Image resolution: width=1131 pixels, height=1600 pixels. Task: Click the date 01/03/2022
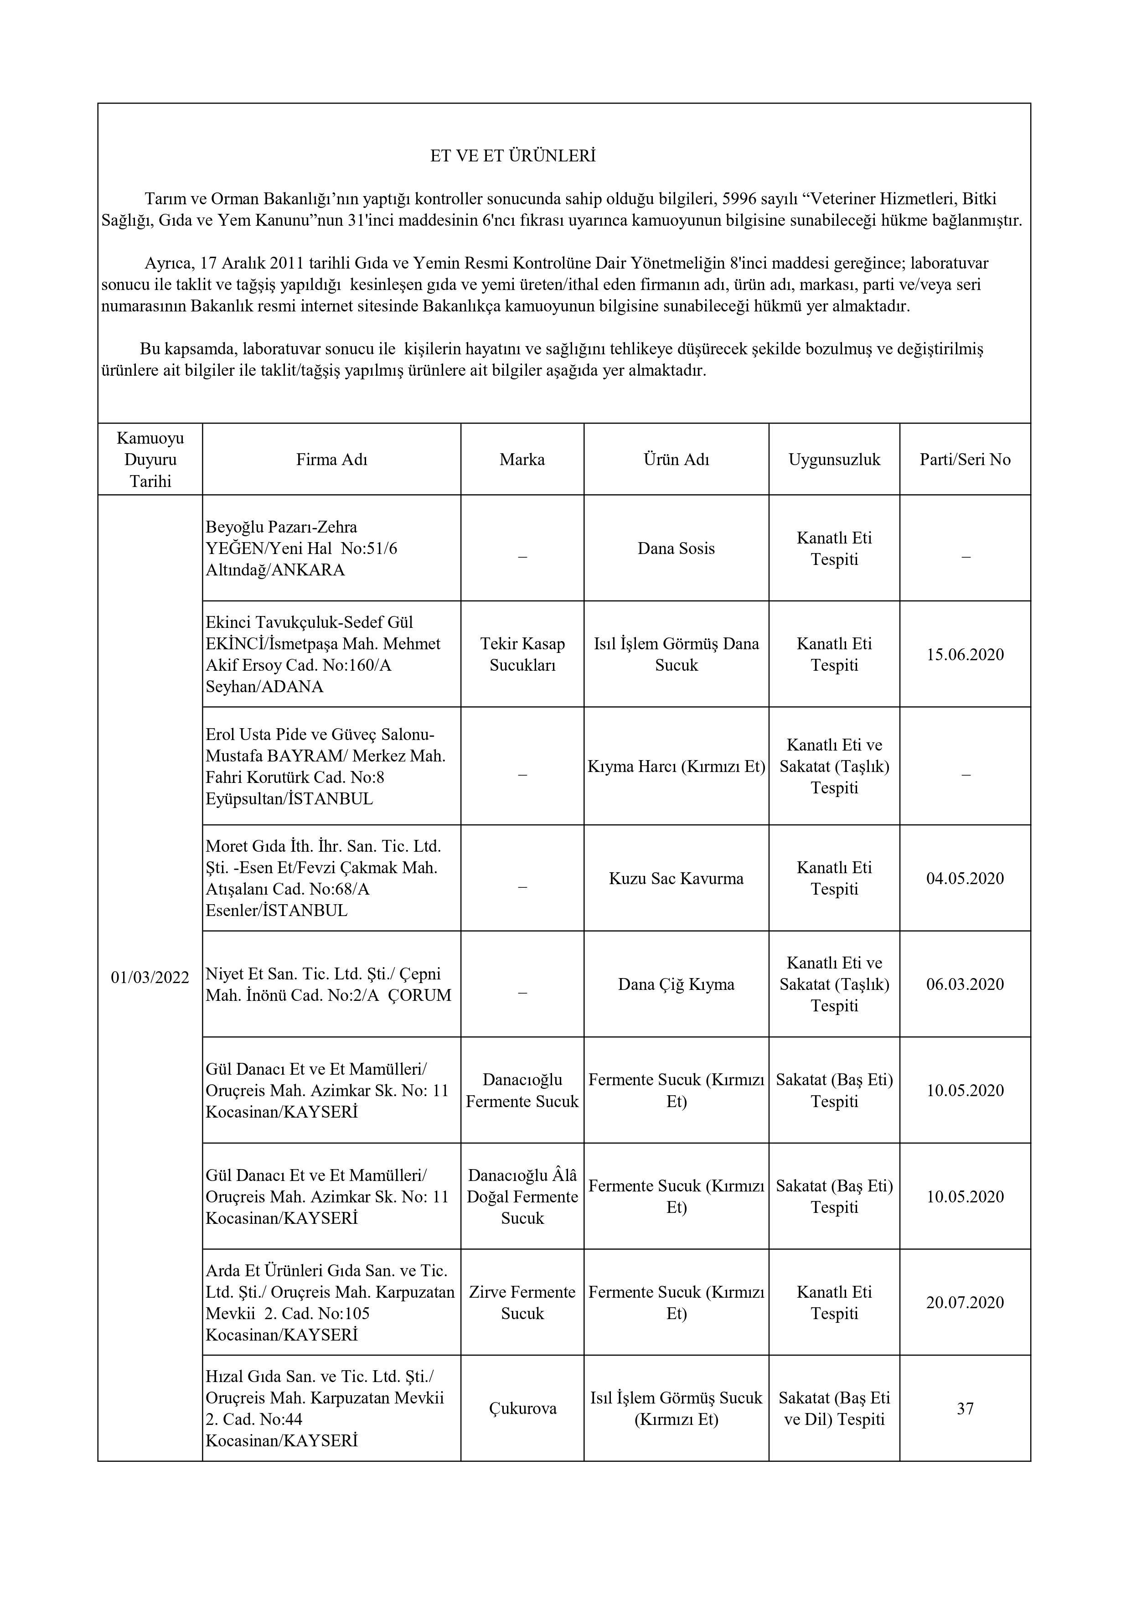pyautogui.click(x=150, y=978)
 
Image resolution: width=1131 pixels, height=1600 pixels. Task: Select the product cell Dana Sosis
pyautogui.click(x=676, y=549)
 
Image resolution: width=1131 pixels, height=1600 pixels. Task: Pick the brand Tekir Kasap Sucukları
pyautogui.click(x=522, y=654)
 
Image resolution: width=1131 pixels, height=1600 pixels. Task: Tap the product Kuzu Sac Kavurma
pyautogui.click(x=676, y=879)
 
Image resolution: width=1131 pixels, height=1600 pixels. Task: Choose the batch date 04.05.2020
pyautogui.click(x=965, y=879)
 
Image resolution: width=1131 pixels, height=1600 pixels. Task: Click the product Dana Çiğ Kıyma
pyautogui.click(x=676, y=985)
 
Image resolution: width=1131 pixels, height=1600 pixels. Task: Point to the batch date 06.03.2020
pyautogui.click(x=965, y=985)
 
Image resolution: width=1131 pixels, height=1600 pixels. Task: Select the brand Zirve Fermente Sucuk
pyautogui.click(x=522, y=1302)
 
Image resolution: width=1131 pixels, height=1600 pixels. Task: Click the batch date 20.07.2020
pyautogui.click(x=965, y=1302)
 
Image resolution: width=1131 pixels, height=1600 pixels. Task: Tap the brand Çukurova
pyautogui.click(x=522, y=1409)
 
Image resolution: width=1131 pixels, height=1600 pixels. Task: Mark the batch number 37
pyautogui.click(x=965, y=1409)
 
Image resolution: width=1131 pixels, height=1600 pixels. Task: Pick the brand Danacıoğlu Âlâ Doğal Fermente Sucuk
pyautogui.click(x=522, y=1196)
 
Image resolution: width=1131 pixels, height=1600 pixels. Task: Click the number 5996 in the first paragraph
pyautogui.click(x=739, y=199)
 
